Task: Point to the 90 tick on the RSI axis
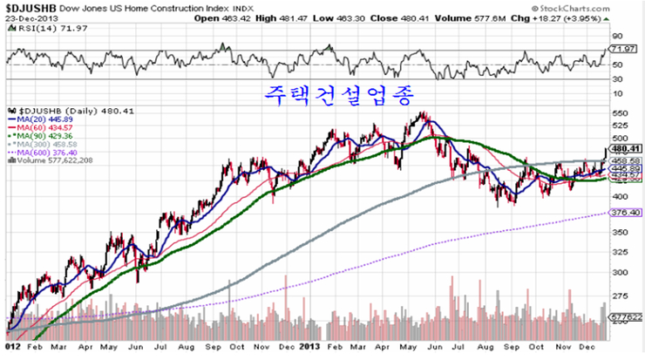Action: tap(616, 36)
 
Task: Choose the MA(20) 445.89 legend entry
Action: tap(40, 119)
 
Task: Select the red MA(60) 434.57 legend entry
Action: tap(40, 127)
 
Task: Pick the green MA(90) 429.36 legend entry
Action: tap(40, 135)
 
